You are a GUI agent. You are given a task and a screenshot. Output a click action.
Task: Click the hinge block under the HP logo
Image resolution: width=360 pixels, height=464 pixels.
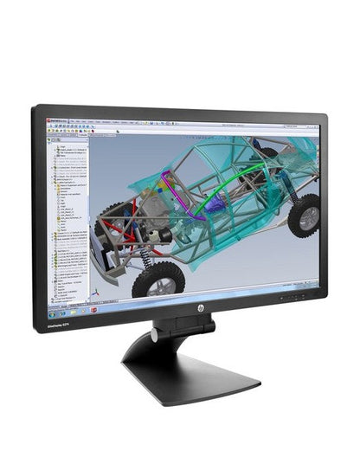tap(183, 327)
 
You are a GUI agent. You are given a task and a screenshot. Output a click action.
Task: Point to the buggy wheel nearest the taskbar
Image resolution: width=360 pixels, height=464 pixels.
tap(159, 279)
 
